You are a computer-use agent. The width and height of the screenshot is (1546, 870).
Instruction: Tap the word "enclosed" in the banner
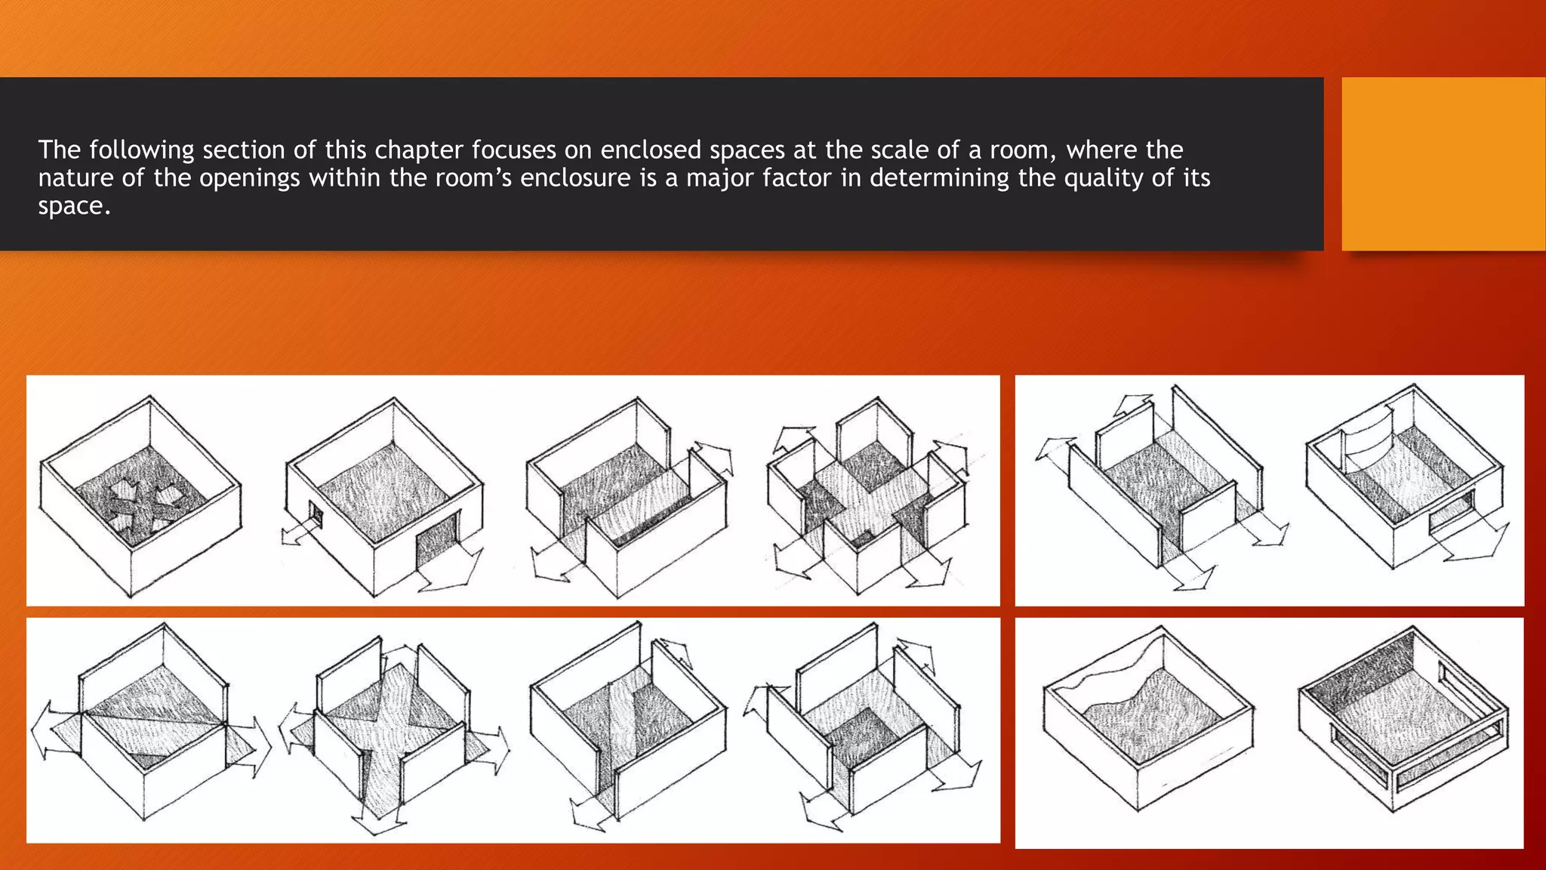tap(651, 150)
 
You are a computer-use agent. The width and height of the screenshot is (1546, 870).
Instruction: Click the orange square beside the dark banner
tap(1443, 164)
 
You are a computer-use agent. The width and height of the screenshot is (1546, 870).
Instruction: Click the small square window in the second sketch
tap(316, 517)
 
